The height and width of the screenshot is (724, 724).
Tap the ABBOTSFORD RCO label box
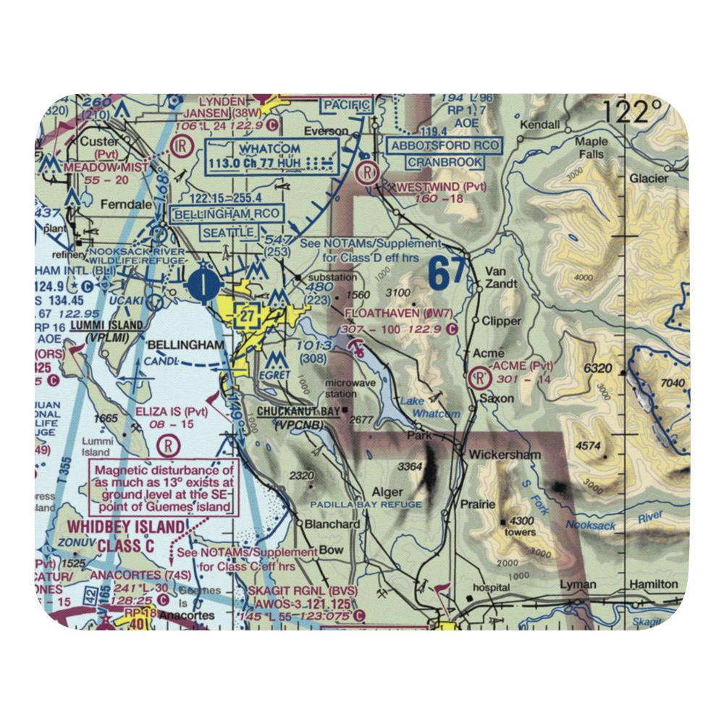[x=445, y=146]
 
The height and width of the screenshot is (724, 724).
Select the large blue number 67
[x=446, y=274]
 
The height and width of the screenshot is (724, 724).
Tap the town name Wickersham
[x=504, y=455]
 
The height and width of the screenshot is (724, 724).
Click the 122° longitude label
[x=634, y=114]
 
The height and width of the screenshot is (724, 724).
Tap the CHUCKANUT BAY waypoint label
[x=298, y=412]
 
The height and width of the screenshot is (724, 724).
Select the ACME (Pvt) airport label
[x=521, y=366]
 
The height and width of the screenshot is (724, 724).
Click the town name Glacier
[x=643, y=177]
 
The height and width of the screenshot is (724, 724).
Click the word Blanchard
[x=332, y=524]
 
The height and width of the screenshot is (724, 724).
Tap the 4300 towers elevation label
[x=521, y=526]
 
